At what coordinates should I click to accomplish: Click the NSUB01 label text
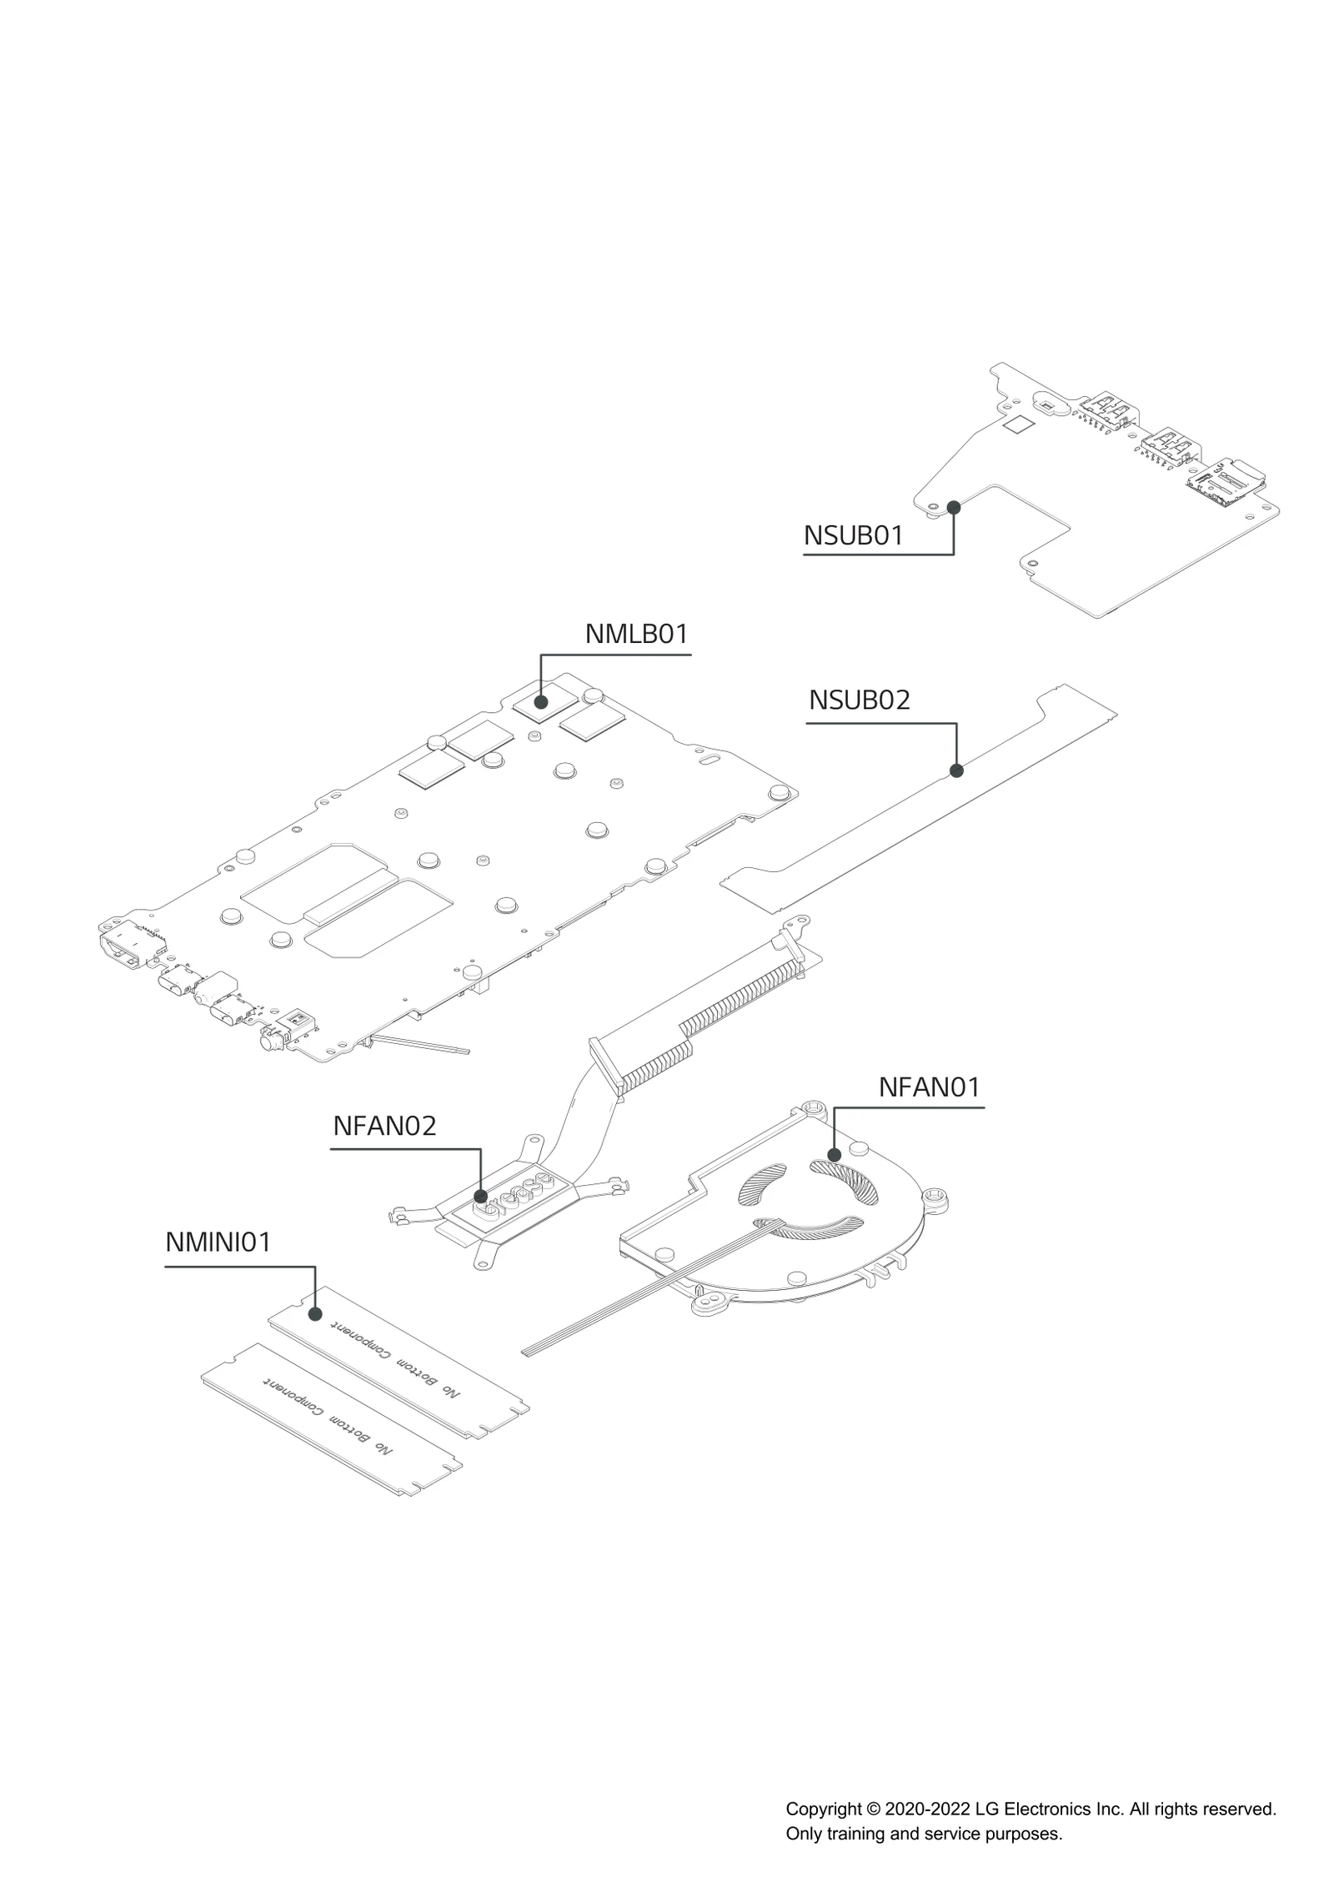tap(853, 535)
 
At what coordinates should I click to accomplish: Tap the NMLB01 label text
tap(636, 634)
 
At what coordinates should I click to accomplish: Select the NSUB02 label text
tap(859, 700)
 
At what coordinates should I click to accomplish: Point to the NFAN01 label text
tap(929, 1087)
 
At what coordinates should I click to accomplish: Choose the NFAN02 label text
tap(384, 1126)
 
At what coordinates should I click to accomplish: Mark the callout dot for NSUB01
tap(954, 507)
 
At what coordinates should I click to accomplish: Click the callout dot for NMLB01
tap(541, 702)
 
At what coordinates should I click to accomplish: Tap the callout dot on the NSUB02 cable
tap(956, 770)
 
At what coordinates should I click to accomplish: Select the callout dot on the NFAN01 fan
tap(835, 1155)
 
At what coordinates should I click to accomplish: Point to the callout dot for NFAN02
tap(481, 1197)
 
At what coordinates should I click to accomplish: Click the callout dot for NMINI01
tap(315, 1314)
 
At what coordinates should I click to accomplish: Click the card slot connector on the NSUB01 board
tap(1226, 484)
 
